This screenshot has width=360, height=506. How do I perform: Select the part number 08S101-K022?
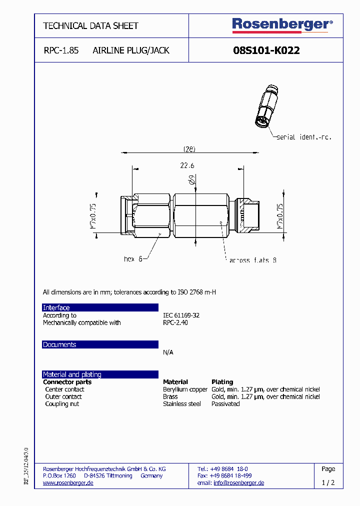(266, 50)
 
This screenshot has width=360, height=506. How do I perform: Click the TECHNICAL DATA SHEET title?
(90, 25)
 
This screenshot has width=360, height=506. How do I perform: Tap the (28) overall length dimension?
(188, 149)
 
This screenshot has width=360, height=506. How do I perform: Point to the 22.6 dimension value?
(187, 166)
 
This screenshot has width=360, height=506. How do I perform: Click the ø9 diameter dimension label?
(192, 181)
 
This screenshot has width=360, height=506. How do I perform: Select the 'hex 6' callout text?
(133, 259)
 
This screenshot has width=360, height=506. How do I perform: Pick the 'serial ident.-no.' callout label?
(304, 137)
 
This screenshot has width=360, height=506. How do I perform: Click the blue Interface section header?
(100, 307)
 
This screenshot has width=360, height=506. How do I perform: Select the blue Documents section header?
(100, 344)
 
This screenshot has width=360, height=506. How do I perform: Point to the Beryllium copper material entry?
(185, 389)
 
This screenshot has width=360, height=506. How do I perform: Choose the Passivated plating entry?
(225, 404)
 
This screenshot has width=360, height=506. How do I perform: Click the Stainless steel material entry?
(181, 404)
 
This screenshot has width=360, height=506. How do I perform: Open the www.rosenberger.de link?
(68, 483)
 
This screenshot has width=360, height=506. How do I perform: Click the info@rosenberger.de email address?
(238, 483)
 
